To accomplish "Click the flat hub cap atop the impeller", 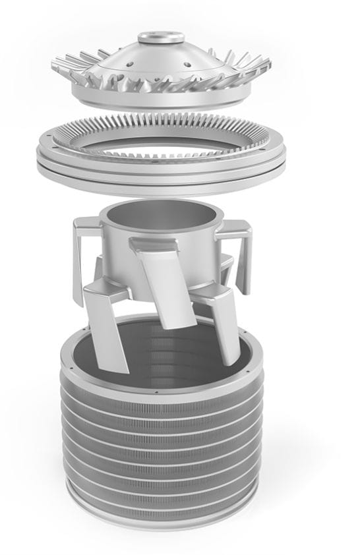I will (161, 38).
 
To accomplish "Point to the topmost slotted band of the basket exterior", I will (161, 393).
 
